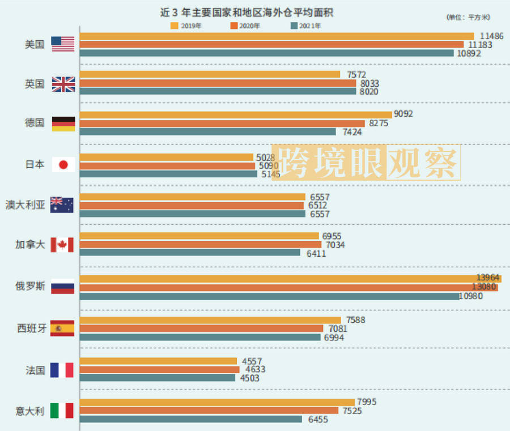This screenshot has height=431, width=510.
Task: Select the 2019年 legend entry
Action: (187, 25)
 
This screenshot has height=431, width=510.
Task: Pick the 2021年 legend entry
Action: (306, 25)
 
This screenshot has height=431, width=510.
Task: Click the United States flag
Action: (63, 44)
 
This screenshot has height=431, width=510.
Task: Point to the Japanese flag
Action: (63, 165)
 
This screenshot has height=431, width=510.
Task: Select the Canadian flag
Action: (62, 245)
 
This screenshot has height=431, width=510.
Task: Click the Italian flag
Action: (62, 411)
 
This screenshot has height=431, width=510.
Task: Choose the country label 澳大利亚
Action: (25, 205)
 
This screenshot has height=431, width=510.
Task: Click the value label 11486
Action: (491, 36)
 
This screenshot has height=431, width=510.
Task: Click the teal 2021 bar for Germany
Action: (207, 131)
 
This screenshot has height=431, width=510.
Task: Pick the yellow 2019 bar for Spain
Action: (210, 320)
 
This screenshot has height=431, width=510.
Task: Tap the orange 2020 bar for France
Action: (160, 369)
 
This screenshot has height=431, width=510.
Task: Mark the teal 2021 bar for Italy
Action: (191, 419)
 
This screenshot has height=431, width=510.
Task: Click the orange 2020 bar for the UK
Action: (218, 83)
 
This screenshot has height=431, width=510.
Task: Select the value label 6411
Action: (315, 253)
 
